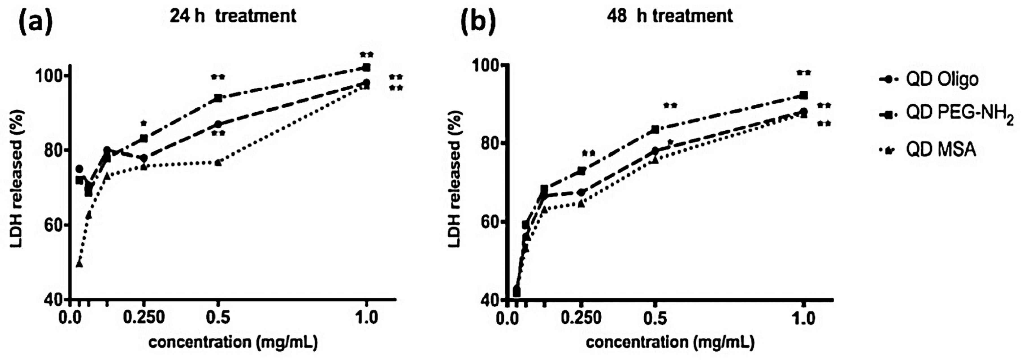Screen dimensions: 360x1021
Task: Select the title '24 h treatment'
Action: click(x=233, y=16)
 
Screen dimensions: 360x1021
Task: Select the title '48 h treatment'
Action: click(x=670, y=16)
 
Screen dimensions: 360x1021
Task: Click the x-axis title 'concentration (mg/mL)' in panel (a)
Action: click(x=233, y=342)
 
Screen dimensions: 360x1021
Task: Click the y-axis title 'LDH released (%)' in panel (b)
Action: click(x=456, y=178)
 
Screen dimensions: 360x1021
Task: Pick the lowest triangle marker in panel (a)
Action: click(x=79, y=263)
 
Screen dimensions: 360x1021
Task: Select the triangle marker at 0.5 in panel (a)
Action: click(x=218, y=162)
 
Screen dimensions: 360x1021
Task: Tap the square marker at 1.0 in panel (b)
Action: click(x=804, y=96)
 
